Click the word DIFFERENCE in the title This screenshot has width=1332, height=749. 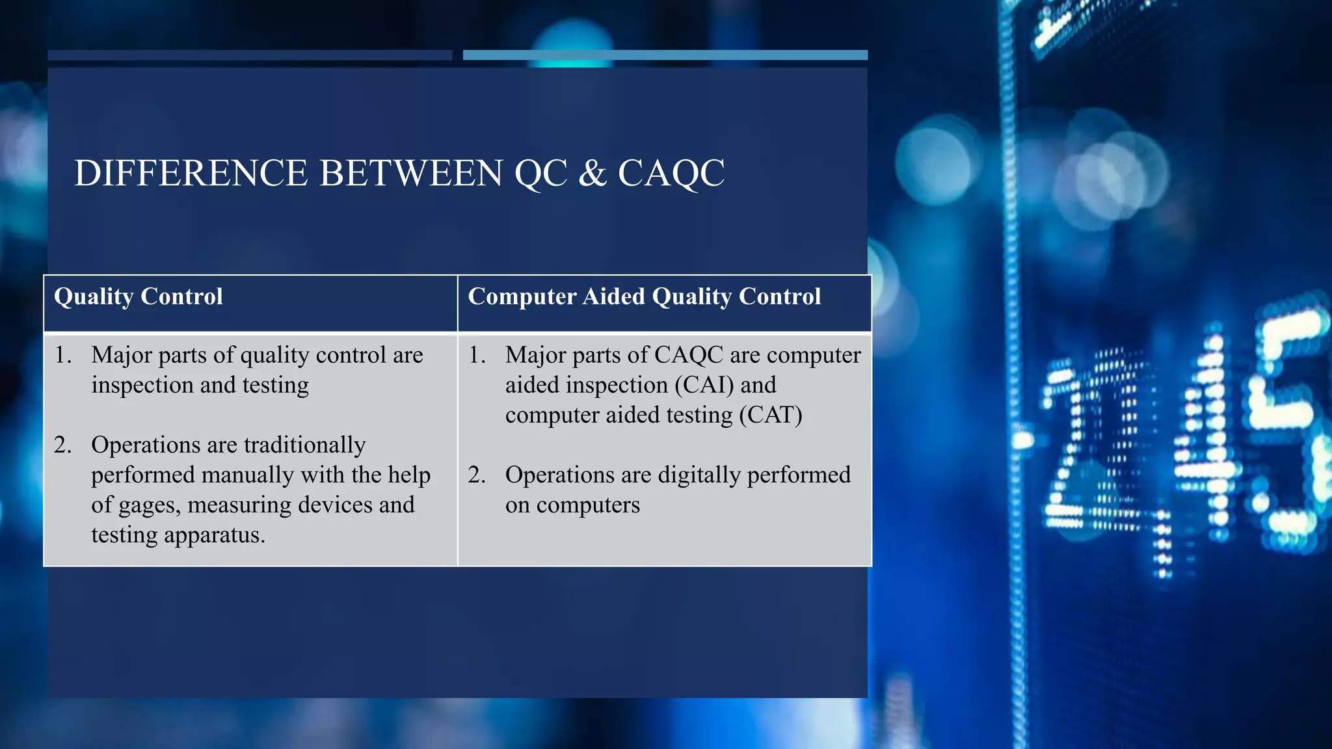click(190, 174)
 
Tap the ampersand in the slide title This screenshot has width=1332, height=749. click(592, 174)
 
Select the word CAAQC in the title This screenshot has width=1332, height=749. click(671, 174)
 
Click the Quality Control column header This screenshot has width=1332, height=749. click(138, 296)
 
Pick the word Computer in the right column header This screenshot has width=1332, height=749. click(522, 296)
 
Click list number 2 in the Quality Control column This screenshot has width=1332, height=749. click(62, 445)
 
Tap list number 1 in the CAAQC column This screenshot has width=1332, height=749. click(477, 355)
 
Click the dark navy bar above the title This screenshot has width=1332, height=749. click(250, 55)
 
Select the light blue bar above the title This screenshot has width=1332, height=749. click(665, 55)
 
